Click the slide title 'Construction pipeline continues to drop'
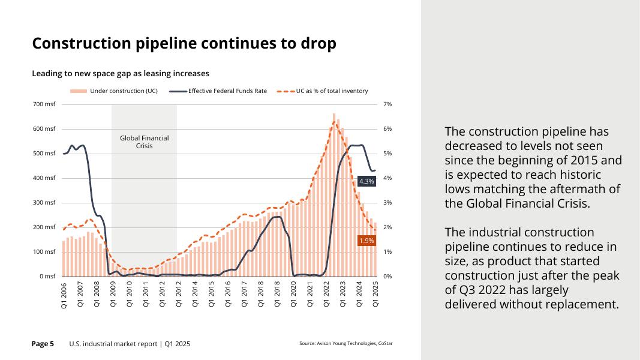(x=184, y=44)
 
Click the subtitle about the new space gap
(x=120, y=73)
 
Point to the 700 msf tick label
(x=44, y=104)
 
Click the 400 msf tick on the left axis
(x=44, y=178)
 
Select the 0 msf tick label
(x=47, y=277)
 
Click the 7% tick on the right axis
(x=387, y=104)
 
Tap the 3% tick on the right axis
(x=387, y=203)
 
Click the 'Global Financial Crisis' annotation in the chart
(x=144, y=142)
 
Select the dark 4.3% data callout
(x=366, y=181)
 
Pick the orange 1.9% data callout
(x=366, y=241)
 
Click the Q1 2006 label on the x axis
(x=64, y=296)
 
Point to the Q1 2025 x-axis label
(x=375, y=296)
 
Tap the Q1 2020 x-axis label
(x=293, y=296)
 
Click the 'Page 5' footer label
(x=43, y=344)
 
